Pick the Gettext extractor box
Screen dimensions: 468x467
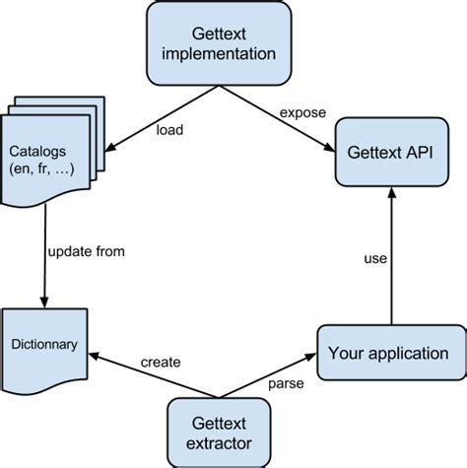pyautogui.click(x=218, y=431)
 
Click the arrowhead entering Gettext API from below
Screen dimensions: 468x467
pyautogui.click(x=393, y=196)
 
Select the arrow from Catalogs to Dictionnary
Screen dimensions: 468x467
pyautogui.click(x=44, y=256)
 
